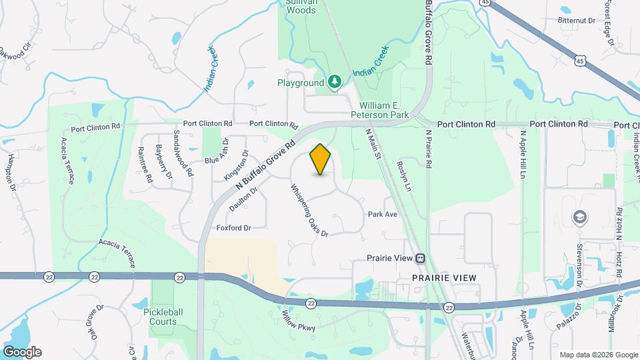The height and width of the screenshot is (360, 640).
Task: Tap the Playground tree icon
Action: point(334,82)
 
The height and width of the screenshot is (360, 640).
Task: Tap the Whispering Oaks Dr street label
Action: point(309,210)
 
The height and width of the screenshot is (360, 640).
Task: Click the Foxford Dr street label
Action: point(233,228)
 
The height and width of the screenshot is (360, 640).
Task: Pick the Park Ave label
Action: point(383,214)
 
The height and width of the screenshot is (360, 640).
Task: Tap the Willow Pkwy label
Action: point(298,321)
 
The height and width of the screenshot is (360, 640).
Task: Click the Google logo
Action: point(22,351)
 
